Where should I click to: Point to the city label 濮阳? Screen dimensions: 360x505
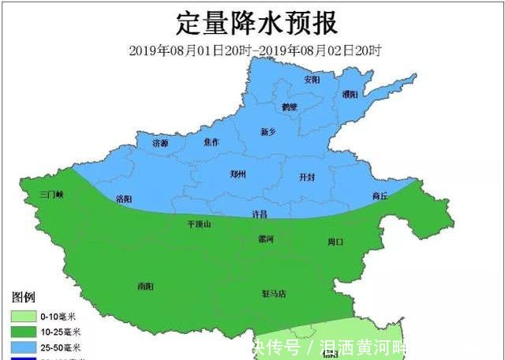350,94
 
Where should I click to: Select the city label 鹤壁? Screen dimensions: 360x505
290,107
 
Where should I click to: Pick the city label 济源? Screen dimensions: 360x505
160,143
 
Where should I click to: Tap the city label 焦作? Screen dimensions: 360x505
211,142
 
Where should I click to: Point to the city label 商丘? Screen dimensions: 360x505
380,196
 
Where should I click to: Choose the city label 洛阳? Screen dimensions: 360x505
124,198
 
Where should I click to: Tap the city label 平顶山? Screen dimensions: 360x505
199,223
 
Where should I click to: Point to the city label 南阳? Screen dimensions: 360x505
146,285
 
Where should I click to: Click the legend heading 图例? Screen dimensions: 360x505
23,297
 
